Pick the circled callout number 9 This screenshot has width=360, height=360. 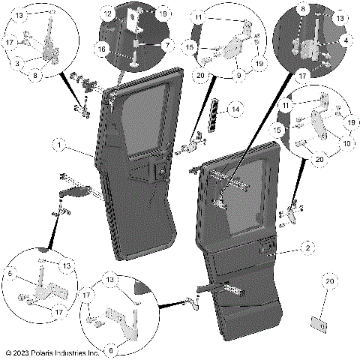coord(240,75)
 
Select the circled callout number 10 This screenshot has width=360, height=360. coord(346,142)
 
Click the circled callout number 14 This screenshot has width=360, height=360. coord(235,110)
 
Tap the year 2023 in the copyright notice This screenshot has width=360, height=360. coord(24,352)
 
